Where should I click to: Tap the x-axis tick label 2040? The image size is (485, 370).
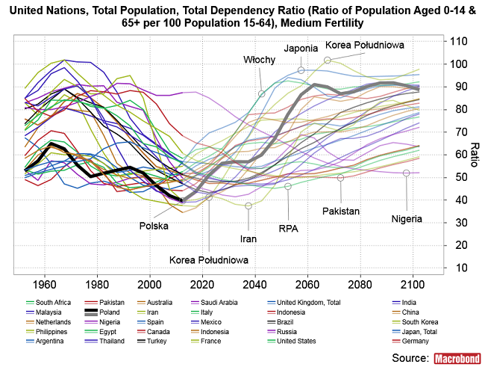coord(255,285)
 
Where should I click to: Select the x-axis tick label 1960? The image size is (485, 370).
coord(45,285)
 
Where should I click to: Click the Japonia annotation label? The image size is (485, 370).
coord(301,49)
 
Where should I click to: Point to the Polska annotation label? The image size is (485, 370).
coord(154,225)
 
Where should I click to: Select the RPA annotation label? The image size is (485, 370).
coord(289,227)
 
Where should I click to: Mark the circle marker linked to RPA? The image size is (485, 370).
coord(288,186)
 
